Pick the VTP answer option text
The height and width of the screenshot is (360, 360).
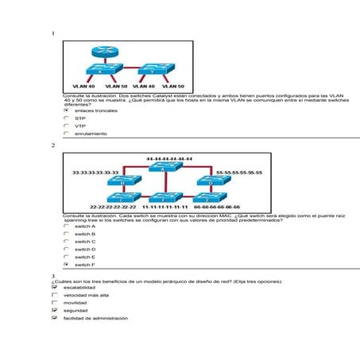click(x=80, y=126)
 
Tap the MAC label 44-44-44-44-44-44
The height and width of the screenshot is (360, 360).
click(x=169, y=159)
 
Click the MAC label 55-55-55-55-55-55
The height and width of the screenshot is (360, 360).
click(x=239, y=172)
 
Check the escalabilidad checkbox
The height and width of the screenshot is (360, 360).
click(x=54, y=288)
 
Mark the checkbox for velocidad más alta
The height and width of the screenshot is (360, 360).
click(x=54, y=295)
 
